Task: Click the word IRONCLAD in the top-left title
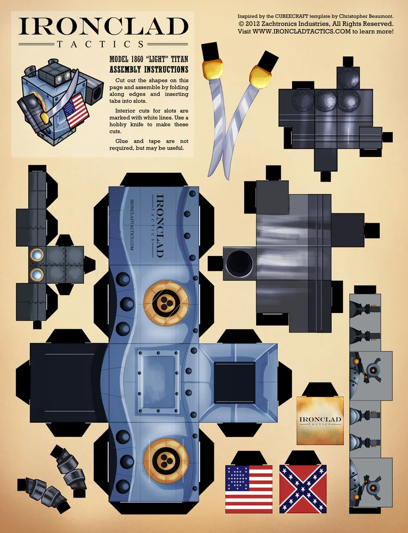click(x=103, y=27)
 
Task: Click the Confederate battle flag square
click(x=303, y=489)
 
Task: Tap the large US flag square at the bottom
click(x=249, y=489)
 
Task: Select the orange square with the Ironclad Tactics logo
click(x=320, y=421)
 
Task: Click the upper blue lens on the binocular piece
click(x=37, y=254)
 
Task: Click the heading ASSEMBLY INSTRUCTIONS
click(x=149, y=70)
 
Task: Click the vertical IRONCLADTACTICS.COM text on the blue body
click(x=132, y=225)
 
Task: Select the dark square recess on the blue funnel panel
click(x=234, y=382)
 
